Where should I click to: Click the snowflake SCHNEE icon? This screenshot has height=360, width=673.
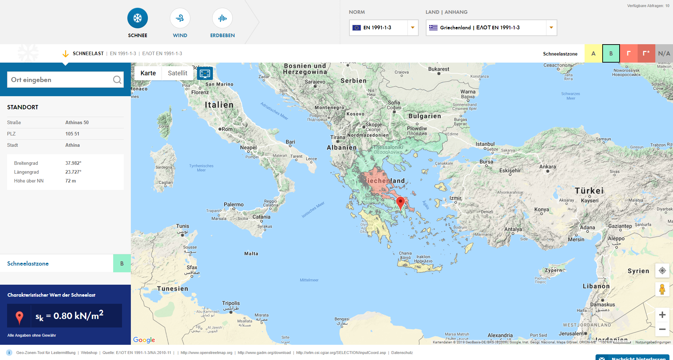[x=138, y=18]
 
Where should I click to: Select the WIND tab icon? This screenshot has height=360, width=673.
[x=180, y=18]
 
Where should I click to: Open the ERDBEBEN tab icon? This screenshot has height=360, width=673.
[x=222, y=18]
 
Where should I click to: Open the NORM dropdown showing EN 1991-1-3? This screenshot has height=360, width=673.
[x=383, y=28]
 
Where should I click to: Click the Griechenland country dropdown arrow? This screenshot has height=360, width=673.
[x=551, y=28]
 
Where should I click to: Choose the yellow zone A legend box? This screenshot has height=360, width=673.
[x=593, y=54]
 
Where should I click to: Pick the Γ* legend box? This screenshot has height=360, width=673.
[x=646, y=54]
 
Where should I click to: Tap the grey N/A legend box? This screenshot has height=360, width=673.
[x=664, y=54]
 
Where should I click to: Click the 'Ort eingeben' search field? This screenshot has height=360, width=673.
[x=60, y=80]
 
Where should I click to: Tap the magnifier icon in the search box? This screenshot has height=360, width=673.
[x=117, y=80]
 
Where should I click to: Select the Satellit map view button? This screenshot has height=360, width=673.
[x=178, y=73]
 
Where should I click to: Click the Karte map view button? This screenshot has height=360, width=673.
[x=148, y=73]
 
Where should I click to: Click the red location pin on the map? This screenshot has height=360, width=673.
[x=400, y=203]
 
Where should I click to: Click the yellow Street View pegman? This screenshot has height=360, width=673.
[x=662, y=289]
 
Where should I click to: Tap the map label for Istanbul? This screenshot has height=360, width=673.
[x=485, y=144]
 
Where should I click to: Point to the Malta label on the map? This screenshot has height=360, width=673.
[x=251, y=254]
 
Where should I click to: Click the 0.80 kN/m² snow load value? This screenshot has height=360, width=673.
[x=78, y=315]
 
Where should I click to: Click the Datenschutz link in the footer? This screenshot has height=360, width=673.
[x=402, y=353]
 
